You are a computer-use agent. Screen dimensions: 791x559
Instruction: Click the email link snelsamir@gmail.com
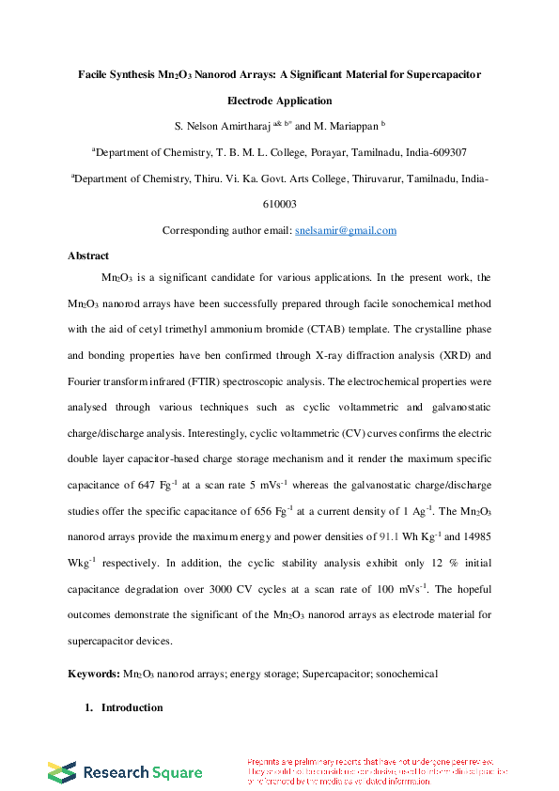pos(345,230)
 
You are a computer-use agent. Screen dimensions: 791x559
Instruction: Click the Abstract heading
pos(88,256)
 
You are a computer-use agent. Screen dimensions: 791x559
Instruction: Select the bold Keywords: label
pos(94,674)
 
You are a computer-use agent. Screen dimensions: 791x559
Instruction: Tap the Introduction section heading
pos(132,707)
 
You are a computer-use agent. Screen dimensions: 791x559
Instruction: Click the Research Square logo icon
pos(62,772)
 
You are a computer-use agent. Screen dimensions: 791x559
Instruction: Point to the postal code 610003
pos(279,204)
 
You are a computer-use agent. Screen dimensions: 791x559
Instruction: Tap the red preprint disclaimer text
pos(376,771)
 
